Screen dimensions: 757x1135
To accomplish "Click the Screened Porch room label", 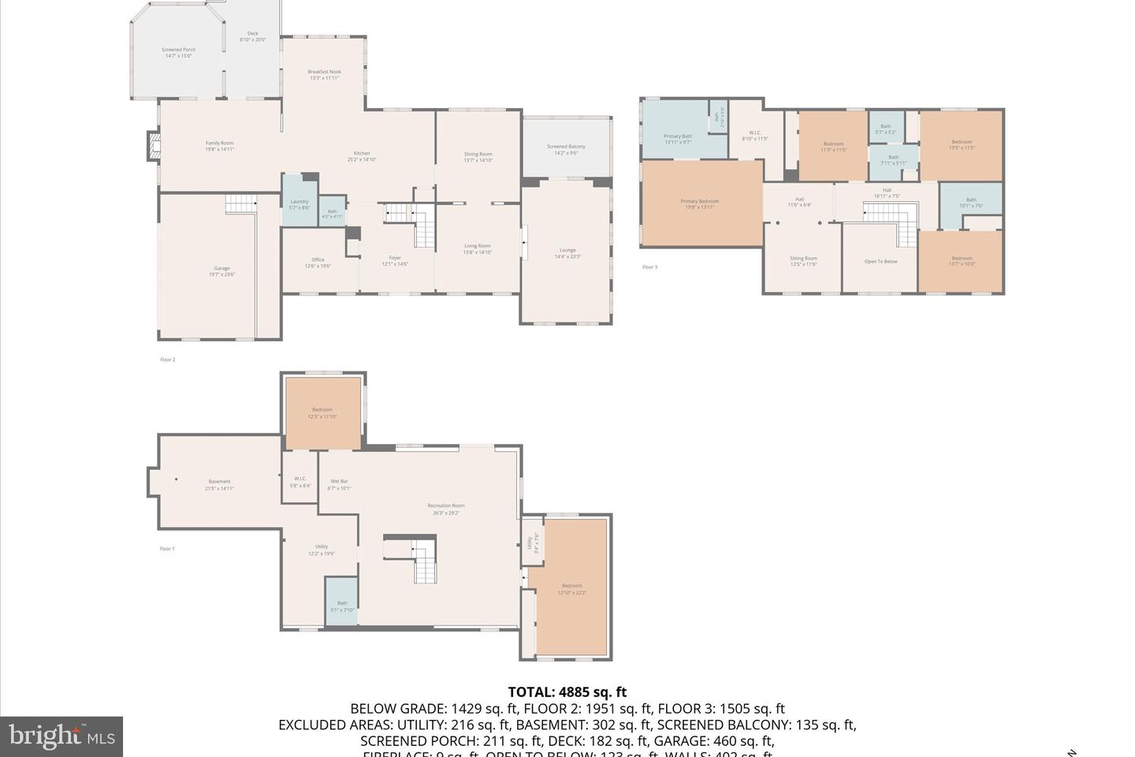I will pos(178,53).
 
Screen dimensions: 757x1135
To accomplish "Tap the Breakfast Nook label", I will pos(324,75).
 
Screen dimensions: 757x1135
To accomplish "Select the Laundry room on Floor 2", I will pos(300,204).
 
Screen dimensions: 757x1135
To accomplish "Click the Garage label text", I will pos(222,271).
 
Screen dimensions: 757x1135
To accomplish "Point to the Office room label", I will pos(318,263).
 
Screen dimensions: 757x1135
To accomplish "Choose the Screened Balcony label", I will pos(566,149).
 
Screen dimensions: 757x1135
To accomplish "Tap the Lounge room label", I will pos(567,253).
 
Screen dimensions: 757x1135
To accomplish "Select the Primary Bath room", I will pos(678,139).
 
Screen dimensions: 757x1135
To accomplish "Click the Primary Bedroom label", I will pos(700,204).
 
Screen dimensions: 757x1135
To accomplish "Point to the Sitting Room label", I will pos(803,261).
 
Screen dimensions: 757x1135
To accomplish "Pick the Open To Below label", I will pos(880,262).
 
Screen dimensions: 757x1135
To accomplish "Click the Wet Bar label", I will pos(339,484).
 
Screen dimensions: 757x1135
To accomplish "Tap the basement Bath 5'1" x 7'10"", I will pos(342,606).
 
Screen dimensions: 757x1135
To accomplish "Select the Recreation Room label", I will pos(446,509).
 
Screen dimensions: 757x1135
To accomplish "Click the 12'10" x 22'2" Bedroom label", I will pos(571,589).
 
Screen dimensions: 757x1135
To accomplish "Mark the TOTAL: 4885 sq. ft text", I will pos(567,692).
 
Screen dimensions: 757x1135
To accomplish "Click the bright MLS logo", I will pos(61,736).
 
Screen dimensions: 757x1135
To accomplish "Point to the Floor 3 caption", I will pos(649,267).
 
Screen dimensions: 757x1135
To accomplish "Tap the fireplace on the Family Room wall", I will pos(153,145).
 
